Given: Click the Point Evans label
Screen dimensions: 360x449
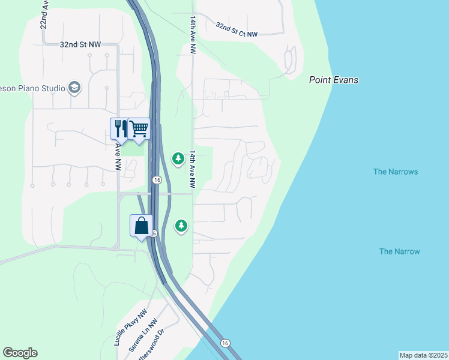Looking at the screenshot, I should [x=334, y=80].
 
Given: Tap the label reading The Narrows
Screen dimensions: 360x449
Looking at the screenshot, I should [x=395, y=172].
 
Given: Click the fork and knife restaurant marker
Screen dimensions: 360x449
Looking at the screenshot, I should [x=119, y=128].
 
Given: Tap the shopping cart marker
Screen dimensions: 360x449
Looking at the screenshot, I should [x=139, y=128].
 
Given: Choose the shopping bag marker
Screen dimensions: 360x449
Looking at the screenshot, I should [x=141, y=226].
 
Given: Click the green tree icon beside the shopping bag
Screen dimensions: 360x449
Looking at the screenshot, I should [x=181, y=226].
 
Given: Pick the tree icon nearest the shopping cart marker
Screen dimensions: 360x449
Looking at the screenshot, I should [x=178, y=158].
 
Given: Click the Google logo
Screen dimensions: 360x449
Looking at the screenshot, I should [x=20, y=353].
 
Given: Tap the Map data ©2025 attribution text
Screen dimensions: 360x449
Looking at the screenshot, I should [x=423, y=355].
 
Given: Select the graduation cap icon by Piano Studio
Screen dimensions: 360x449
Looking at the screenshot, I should [x=74, y=88].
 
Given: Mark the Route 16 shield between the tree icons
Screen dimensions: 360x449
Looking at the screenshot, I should [x=157, y=179].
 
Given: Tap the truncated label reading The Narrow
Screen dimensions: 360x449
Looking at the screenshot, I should [x=399, y=251].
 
